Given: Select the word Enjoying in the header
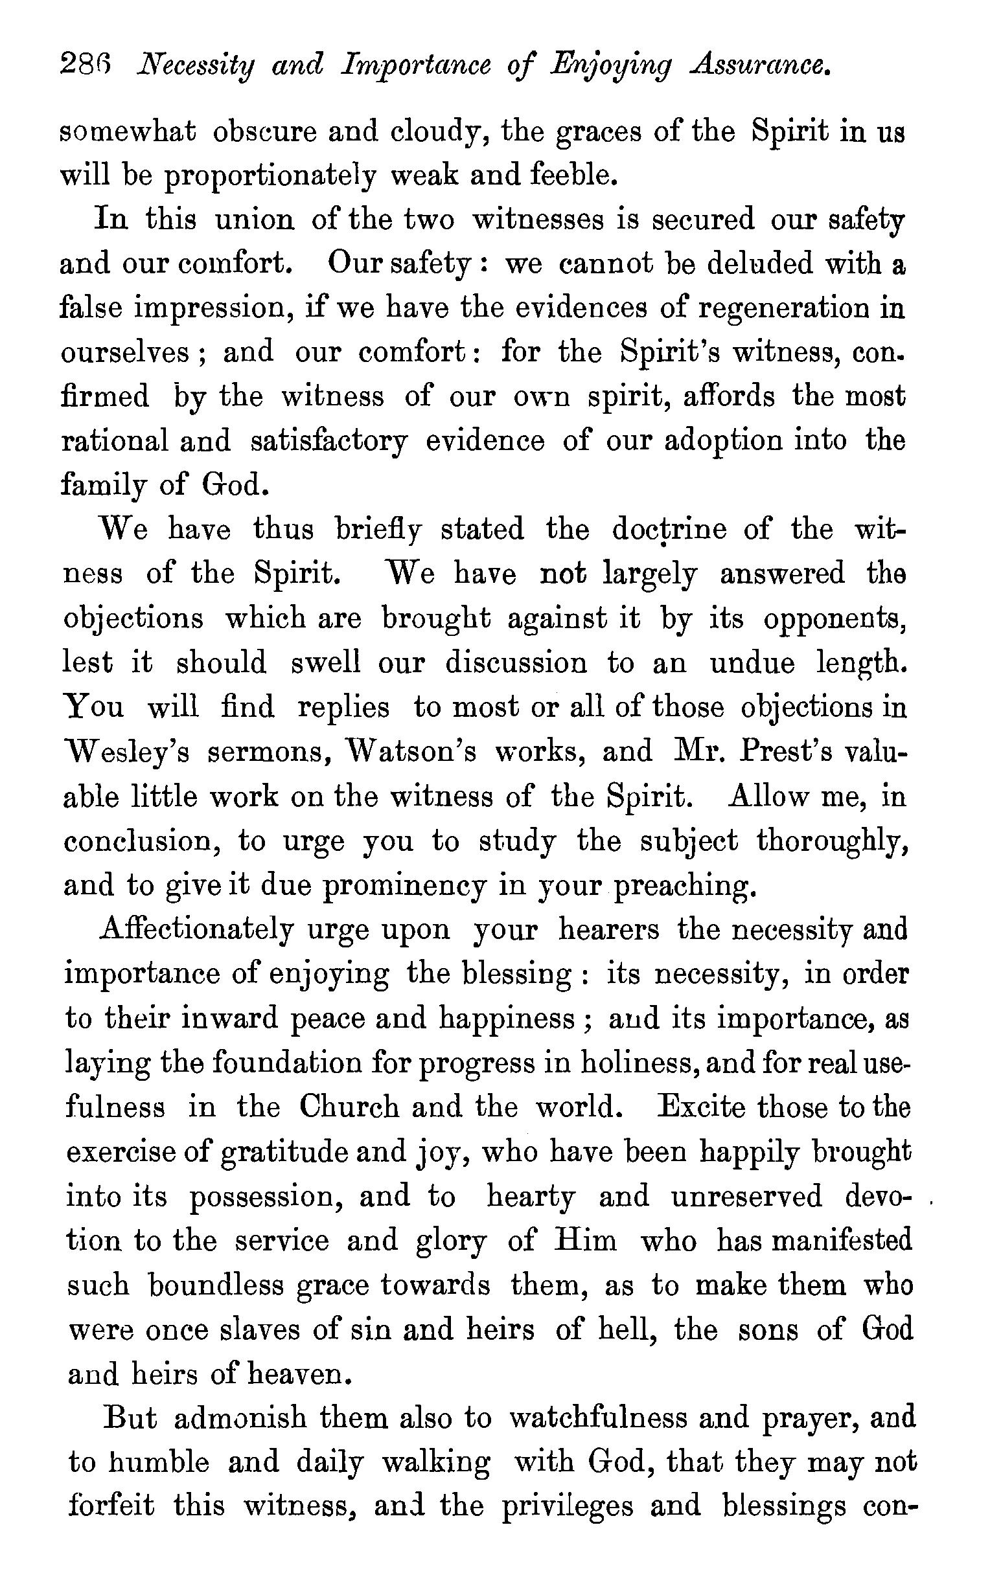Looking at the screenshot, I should pyautogui.click(x=611, y=67).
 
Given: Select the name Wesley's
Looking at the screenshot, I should pyautogui.click(x=126, y=752).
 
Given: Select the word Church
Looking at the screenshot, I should pyautogui.click(x=349, y=1107).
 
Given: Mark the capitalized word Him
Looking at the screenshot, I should pyautogui.click(x=584, y=1240).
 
